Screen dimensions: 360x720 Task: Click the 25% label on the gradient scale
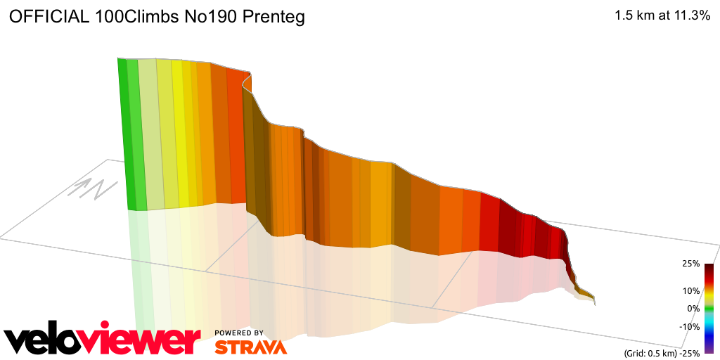point(690,264)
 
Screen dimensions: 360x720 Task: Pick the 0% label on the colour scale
point(693,308)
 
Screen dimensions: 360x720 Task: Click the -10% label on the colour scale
point(689,326)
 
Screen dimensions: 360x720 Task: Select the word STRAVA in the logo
point(250,347)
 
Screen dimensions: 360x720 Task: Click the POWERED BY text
point(239,333)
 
